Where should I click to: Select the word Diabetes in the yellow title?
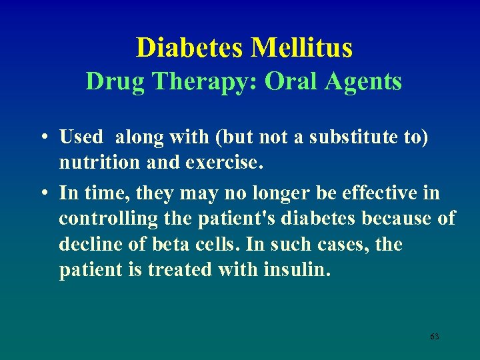pos(191,48)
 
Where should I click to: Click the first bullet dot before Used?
pos(43,138)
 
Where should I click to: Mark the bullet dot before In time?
pos(43,193)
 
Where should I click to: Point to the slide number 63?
pos(434,337)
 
